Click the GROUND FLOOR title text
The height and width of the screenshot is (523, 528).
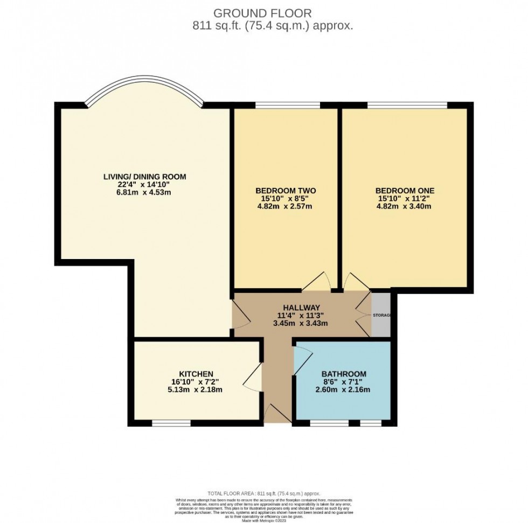click(262, 12)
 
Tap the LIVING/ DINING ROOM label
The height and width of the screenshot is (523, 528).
click(145, 176)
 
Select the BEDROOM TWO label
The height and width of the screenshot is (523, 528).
click(285, 191)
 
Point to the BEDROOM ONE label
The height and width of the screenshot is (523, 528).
click(405, 191)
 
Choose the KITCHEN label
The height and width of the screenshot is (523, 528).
click(196, 374)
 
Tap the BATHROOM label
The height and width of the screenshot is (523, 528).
click(344, 374)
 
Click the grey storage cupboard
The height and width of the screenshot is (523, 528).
click(381, 315)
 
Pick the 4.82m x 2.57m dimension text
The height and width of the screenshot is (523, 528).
click(285, 206)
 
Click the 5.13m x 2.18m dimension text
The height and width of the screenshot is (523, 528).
click(196, 389)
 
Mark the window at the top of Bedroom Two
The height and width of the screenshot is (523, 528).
click(287, 105)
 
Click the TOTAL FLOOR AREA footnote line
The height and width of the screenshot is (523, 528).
click(263, 493)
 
